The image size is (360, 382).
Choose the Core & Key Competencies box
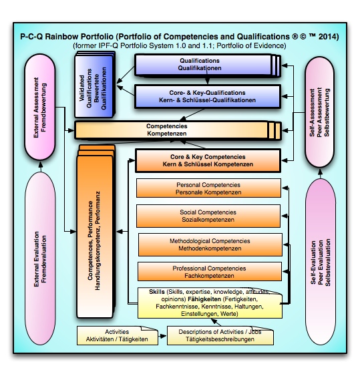pyautogui.click(x=207, y=160)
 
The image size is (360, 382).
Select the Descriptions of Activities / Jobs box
pyautogui.click(x=220, y=335)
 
